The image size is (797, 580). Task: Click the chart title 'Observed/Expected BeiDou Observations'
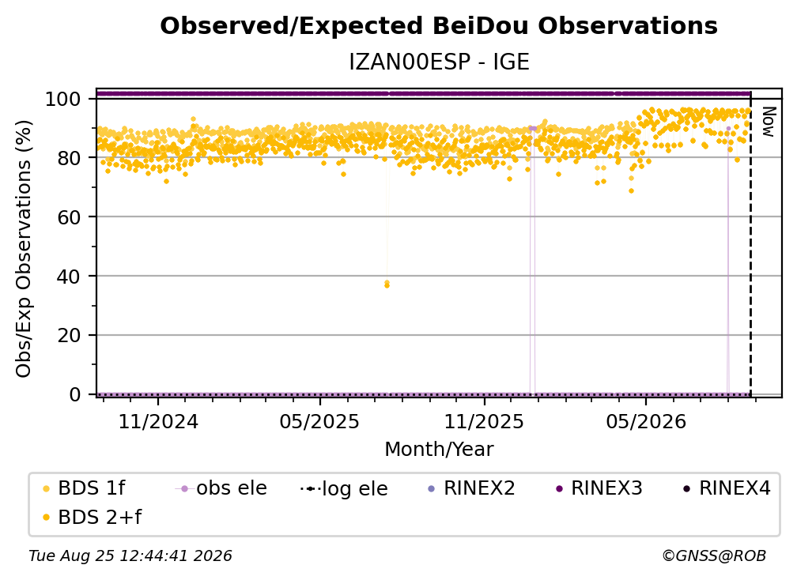[x=439, y=26]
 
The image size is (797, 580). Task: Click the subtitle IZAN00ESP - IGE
[x=439, y=62]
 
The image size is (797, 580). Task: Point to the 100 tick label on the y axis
[x=62, y=99]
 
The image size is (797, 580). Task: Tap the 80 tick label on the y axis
[x=69, y=158]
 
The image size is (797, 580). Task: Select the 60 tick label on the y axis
[x=69, y=217]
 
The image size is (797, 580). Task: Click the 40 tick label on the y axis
[x=69, y=277]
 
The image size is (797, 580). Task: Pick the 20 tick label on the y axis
[x=69, y=336]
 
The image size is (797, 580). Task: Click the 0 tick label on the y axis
[x=75, y=394]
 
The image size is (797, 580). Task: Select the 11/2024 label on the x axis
[x=158, y=421]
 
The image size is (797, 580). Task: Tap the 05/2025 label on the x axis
[x=319, y=421]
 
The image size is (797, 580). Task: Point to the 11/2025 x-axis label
[x=484, y=421]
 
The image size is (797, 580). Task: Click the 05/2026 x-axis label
[x=646, y=421]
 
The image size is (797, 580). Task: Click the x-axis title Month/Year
[x=439, y=449]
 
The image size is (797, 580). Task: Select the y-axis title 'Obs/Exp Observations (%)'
[x=24, y=248]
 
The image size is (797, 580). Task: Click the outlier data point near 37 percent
[x=387, y=284]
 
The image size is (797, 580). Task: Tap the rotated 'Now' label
[x=769, y=122]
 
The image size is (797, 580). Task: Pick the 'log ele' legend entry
[x=344, y=488]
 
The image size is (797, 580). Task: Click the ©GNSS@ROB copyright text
[x=714, y=556]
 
